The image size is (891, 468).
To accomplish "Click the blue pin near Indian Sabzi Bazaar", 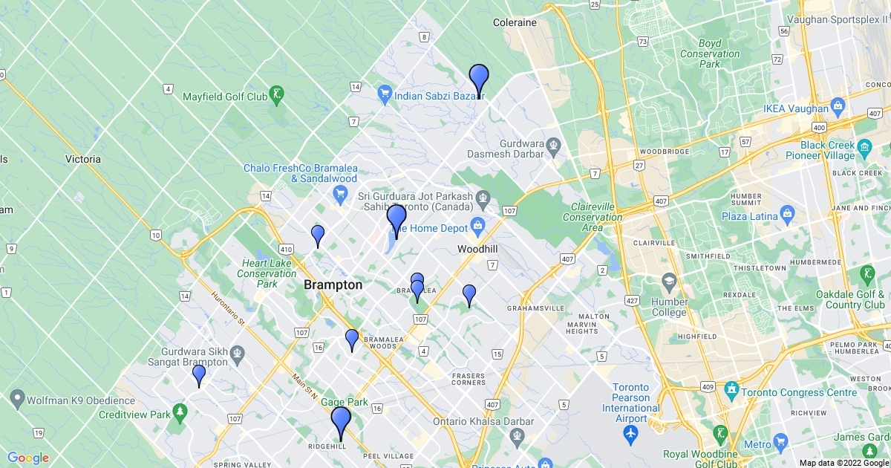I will pos(479,79).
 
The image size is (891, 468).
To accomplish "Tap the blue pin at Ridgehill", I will pos(341,421).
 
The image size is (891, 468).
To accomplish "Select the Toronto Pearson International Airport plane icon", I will pos(631,432).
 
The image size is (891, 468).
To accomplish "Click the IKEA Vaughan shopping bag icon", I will pos(839,108).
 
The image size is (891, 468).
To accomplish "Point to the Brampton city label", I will pos(333,285).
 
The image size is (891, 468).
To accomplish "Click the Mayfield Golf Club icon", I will pos(277,94).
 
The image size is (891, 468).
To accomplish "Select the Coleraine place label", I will pos(515,22).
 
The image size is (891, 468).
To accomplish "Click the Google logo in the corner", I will pos(28,458).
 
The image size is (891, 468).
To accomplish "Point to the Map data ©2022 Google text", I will pos(843,462).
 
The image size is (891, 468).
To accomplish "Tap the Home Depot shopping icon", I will pos(477,225).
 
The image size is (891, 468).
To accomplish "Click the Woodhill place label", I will pos(477,248).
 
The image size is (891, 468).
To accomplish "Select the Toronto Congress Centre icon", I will pos(731,389).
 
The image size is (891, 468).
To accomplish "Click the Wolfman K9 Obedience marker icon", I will pos(17,400).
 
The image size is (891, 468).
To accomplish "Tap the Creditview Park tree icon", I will pos(179,412).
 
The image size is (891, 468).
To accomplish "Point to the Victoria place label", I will pos(82,159).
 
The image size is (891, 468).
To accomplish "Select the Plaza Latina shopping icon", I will pos(788,216).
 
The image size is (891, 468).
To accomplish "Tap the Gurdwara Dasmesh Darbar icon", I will pos(552,143).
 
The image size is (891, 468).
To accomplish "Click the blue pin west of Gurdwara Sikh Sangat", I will pos(199,374).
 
